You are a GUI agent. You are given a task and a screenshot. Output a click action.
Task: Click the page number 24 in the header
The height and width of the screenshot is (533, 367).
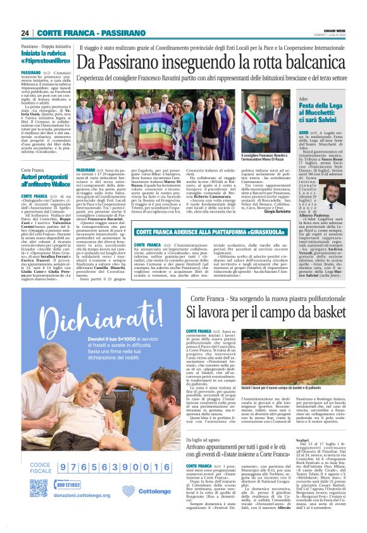pyautogui.click(x=25, y=33)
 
